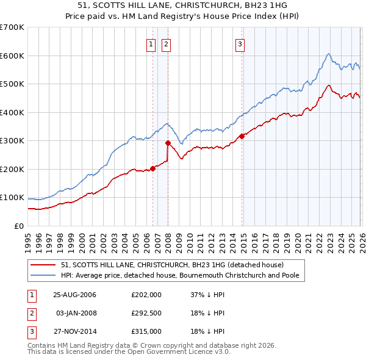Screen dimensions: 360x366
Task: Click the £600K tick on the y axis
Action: coord(12,56)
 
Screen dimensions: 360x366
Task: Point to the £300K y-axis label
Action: coord(12,141)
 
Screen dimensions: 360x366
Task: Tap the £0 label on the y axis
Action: coord(18,226)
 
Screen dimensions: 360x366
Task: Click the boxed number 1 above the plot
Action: coord(151,44)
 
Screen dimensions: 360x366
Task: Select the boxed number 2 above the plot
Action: coord(166,44)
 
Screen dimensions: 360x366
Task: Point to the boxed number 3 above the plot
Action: coord(240,44)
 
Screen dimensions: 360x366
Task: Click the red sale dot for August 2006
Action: coord(153,168)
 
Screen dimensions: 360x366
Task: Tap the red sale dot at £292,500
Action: coord(168,143)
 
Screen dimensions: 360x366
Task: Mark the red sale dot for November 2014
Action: coord(242,136)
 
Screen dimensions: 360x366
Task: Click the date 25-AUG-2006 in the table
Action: coord(74,295)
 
